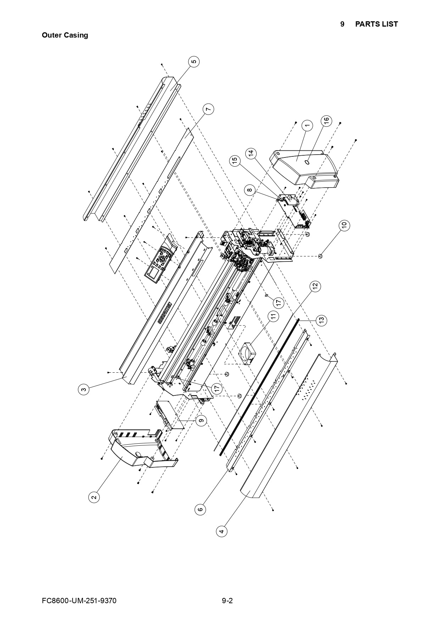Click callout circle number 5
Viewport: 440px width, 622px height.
coord(194,62)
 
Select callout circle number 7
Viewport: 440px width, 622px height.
coord(209,109)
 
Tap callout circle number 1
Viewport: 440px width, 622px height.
coord(307,125)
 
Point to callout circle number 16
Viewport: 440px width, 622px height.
coord(327,121)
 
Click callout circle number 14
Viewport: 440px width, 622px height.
coord(251,154)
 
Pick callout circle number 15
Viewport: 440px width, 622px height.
coord(234,161)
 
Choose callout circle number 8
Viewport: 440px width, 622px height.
coord(250,190)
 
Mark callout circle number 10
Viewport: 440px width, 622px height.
coord(344,225)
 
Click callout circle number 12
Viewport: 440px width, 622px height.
coord(314,286)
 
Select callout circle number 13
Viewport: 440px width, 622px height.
coord(321,320)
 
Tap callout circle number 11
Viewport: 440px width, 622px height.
coord(273,316)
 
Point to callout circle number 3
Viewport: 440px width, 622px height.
coord(83,389)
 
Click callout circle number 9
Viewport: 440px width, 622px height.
coord(201,421)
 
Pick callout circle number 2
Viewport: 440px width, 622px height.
coord(94,497)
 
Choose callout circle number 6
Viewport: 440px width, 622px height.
coord(200,510)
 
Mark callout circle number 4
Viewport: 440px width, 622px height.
coord(222,531)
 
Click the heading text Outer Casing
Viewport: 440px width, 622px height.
coord(65,35)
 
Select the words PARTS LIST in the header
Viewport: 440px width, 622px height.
coord(376,24)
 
